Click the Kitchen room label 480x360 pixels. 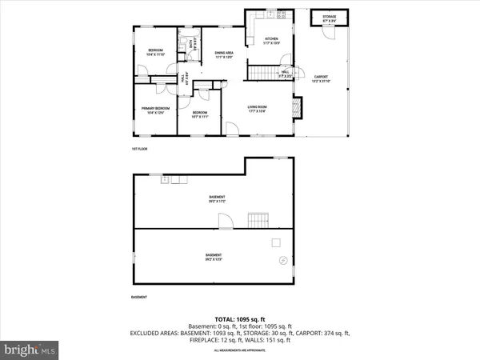(x=271, y=41)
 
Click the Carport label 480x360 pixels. (x=320, y=79)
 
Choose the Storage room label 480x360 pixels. (x=329, y=18)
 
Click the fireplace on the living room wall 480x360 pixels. (x=297, y=106)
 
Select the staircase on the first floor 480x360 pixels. (x=259, y=74)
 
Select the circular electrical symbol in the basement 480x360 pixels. (x=282, y=260)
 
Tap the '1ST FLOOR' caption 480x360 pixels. (x=141, y=149)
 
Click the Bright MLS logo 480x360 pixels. (x=30, y=349)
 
